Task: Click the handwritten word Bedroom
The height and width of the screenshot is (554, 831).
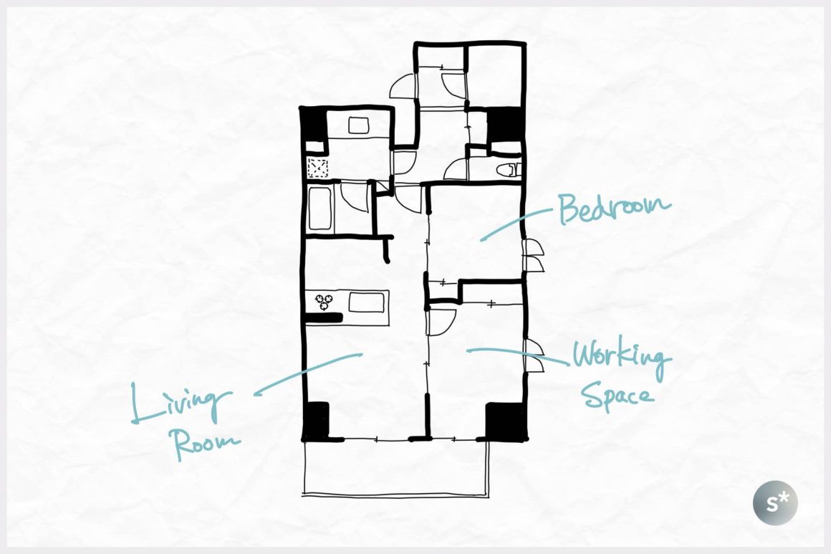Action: pos(614,209)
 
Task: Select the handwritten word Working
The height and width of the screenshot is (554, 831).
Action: pos(622,358)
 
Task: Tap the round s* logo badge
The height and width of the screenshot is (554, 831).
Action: pos(775,502)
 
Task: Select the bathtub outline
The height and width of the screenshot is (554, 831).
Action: pos(320,209)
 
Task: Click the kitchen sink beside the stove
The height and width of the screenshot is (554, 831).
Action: pos(365,302)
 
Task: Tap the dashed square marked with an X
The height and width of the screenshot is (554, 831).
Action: pos(317,168)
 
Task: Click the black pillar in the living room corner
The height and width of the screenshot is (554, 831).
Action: pos(316,421)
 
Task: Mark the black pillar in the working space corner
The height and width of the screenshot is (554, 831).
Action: pos(506,421)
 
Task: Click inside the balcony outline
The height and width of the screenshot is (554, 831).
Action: pos(395,467)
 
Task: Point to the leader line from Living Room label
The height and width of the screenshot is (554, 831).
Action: pos(308,373)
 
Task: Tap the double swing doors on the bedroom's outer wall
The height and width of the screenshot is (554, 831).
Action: pos(533,256)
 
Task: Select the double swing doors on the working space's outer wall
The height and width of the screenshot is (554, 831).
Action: pos(533,355)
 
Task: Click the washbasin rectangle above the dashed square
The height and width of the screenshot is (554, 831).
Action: pos(359,125)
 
